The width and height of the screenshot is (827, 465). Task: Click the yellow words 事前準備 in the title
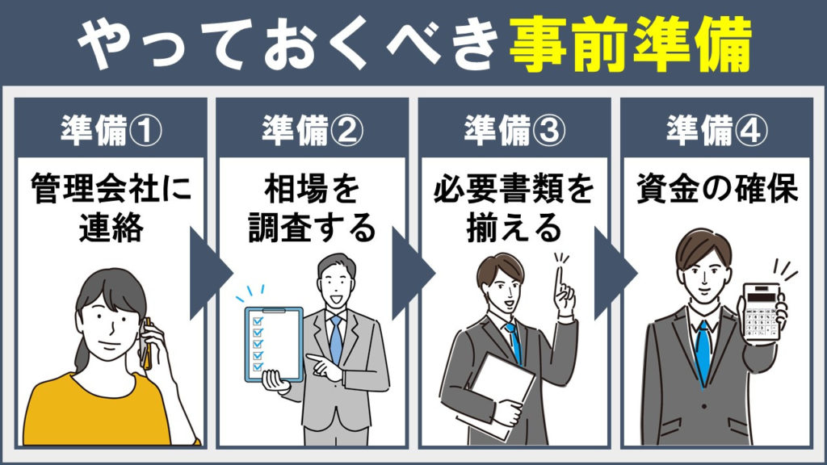(x=630, y=44)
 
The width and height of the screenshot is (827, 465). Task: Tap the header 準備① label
(x=111, y=130)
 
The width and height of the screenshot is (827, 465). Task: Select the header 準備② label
(x=313, y=130)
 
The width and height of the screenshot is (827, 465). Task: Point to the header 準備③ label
(x=514, y=130)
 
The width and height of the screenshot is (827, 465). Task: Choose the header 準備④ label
(x=717, y=130)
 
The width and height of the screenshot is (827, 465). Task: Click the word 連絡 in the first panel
(x=111, y=228)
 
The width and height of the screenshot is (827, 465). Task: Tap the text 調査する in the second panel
(x=313, y=228)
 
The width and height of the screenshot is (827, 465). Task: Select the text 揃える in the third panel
(x=514, y=228)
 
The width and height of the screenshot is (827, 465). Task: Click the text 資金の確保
(x=717, y=188)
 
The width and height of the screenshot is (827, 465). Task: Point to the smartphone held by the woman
(x=146, y=342)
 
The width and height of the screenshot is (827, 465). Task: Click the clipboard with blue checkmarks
(x=274, y=344)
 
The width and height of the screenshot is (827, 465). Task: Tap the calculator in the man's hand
(x=761, y=312)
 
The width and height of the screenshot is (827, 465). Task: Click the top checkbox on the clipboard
(x=258, y=320)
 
